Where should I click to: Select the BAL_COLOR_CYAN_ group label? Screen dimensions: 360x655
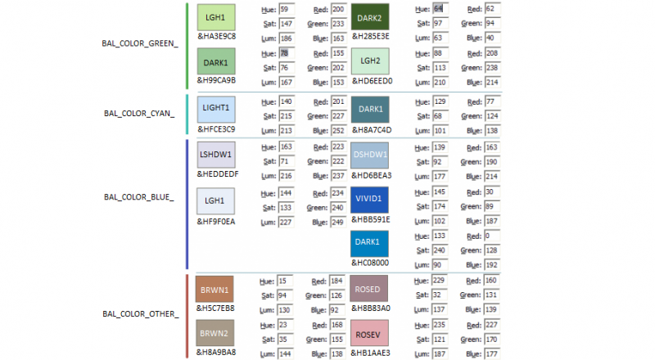point(139,113)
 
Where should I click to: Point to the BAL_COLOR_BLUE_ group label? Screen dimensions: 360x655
point(139,197)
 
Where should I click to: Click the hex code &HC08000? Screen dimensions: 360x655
point(371,263)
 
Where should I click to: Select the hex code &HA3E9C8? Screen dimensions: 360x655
point(216,36)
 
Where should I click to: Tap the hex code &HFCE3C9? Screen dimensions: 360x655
point(216,128)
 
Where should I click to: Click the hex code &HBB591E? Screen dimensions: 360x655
point(371,219)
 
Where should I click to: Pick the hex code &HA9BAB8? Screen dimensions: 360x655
point(216,353)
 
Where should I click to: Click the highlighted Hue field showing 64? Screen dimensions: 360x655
point(440,8)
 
